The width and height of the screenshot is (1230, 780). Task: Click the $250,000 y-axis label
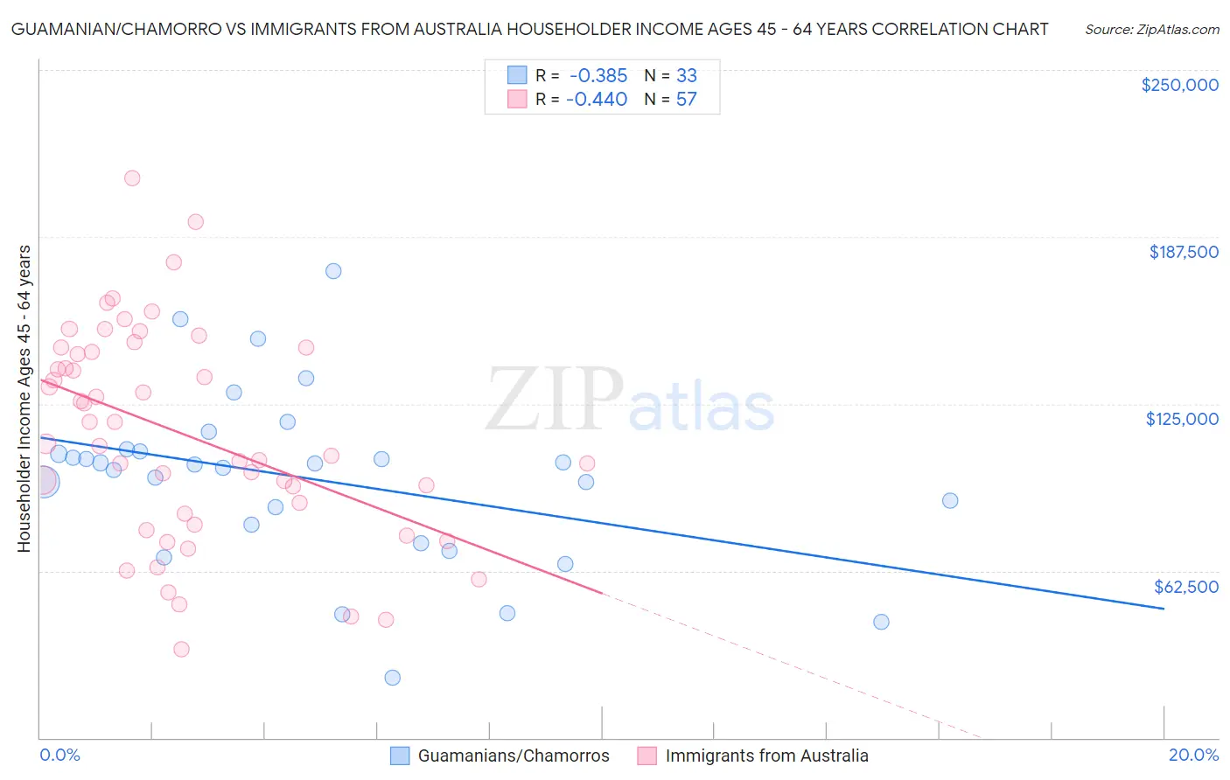[x=1179, y=85]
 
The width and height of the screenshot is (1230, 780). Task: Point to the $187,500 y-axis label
[x=1183, y=252]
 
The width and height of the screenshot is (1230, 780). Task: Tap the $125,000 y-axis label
[x=1182, y=419]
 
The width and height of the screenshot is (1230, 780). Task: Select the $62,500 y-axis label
[x=1185, y=587]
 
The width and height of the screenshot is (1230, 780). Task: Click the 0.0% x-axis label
[x=59, y=755]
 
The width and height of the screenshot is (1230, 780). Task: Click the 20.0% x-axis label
[x=1193, y=755]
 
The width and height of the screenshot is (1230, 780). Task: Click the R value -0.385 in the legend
[x=598, y=76]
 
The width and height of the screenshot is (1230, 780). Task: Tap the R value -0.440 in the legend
[x=597, y=100]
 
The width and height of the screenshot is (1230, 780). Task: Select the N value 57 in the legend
[x=686, y=100]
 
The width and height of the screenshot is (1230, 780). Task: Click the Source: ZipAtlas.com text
[x=1151, y=29]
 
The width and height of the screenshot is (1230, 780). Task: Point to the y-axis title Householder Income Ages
[x=24, y=398]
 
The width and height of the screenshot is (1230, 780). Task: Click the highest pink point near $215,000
[x=132, y=178]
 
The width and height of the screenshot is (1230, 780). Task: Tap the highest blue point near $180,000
[x=333, y=271]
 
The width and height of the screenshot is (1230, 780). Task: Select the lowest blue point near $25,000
[x=393, y=678]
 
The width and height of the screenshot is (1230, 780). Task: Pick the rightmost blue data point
[x=950, y=501]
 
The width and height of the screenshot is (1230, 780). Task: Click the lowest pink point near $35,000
[x=181, y=649]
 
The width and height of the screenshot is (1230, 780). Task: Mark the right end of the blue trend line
[x=1164, y=608]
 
